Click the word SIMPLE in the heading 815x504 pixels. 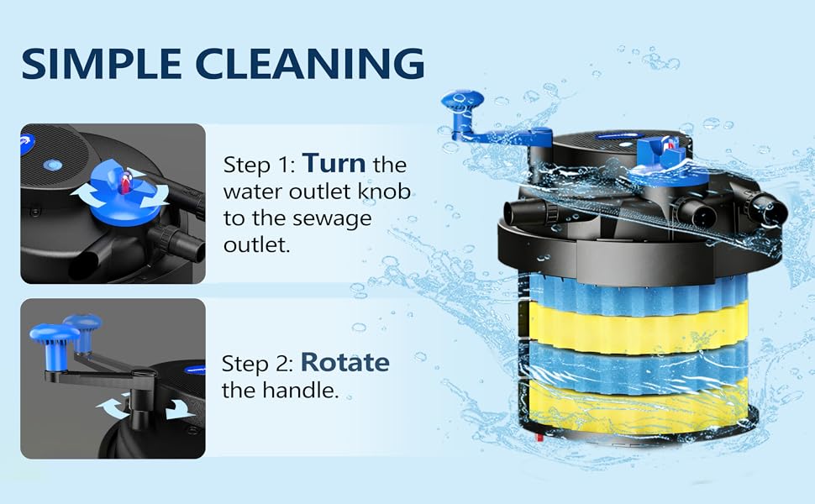coord(102,64)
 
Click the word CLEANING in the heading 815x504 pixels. coord(310,64)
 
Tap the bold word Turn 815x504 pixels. coord(334,164)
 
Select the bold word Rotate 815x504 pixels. coord(345,362)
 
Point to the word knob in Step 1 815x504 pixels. coord(384,192)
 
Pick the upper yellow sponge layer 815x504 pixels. coord(637,328)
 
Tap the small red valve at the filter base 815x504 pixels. coord(539,438)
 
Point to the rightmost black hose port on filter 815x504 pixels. coord(767,208)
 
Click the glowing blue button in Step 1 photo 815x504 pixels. coord(52,165)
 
